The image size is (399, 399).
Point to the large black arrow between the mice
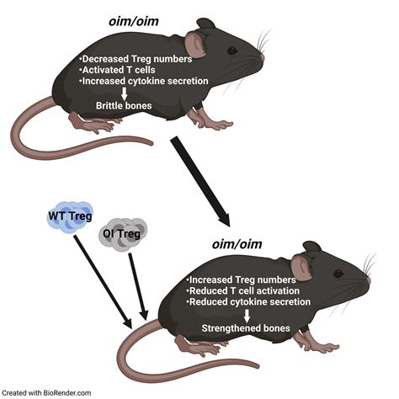[200, 182]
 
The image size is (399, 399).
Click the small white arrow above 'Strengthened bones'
[248, 315]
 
